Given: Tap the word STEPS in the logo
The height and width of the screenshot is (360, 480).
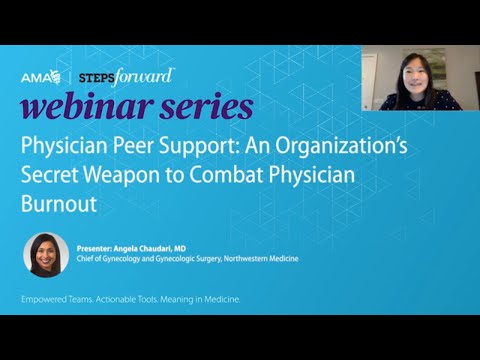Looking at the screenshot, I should click(x=94, y=76).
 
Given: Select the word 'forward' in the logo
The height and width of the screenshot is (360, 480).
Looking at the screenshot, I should click(x=145, y=75).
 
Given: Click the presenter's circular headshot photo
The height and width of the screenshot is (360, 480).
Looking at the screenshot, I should click(x=46, y=254).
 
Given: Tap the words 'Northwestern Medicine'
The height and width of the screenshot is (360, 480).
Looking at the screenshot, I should click(x=256, y=258).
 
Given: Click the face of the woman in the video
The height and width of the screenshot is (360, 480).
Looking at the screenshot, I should click(x=411, y=74).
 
